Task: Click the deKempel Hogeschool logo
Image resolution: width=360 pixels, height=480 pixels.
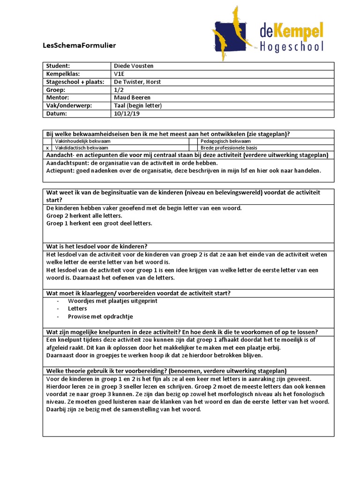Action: pyautogui.click(x=268, y=30)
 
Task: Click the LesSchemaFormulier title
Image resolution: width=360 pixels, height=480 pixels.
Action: pyautogui.click(x=79, y=45)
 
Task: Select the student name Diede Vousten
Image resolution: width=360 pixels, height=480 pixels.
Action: pyautogui.click(x=134, y=66)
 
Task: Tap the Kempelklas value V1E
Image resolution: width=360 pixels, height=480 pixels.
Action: pyautogui.click(x=119, y=74)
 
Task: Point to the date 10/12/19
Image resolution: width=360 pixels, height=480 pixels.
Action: pyautogui.click(x=126, y=114)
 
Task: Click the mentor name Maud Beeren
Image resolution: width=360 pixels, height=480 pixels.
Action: pyautogui.click(x=132, y=98)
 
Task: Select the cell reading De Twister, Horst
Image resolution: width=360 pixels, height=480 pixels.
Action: pyautogui.click(x=137, y=82)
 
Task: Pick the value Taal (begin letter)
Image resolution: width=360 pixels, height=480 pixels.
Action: pyautogui.click(x=138, y=106)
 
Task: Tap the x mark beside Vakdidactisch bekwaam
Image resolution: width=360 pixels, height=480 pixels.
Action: pyautogui.click(x=47, y=147)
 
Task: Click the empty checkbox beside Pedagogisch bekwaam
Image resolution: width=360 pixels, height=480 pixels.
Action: pyautogui.click(x=193, y=141)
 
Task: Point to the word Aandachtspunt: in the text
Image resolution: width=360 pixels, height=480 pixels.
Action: pyautogui.click(x=67, y=163)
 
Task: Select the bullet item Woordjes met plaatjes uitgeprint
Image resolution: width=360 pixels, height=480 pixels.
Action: pyautogui.click(x=112, y=301)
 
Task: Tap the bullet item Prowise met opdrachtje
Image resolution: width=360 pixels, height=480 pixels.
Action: pyautogui.click(x=101, y=316)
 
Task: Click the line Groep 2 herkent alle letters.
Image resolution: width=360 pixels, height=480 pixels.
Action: pyautogui.click(x=84, y=216)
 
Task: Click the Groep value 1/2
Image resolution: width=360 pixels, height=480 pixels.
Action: pyautogui.click(x=119, y=90)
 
